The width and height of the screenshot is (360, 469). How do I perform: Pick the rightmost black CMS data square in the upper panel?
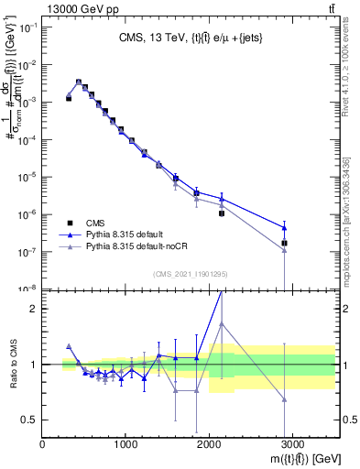tap(285, 243)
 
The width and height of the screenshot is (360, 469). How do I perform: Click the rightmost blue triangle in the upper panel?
tap(285, 227)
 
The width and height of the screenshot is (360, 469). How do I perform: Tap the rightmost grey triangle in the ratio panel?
tap(285, 399)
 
